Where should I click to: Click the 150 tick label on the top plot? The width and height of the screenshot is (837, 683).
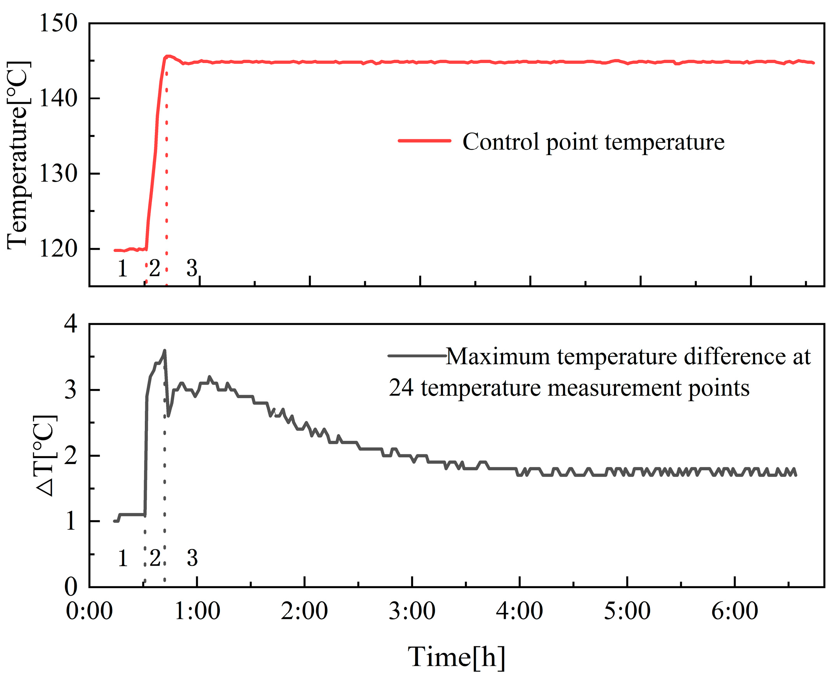58,23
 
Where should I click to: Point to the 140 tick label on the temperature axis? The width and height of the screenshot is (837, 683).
58,98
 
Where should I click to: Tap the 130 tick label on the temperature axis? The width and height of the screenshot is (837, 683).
58,173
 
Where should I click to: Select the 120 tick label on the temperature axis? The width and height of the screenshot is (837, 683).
58,249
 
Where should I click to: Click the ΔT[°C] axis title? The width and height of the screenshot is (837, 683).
46,455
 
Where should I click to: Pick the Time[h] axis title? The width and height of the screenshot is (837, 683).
456,657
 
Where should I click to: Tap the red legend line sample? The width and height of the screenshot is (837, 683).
424,140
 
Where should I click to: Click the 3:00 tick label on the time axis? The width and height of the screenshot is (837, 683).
412,611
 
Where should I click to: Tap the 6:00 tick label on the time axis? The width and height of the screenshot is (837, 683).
735,611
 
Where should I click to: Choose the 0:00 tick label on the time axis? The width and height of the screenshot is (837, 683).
89,611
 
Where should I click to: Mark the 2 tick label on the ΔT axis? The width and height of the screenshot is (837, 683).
71,456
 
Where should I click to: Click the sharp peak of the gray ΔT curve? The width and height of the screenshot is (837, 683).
165,350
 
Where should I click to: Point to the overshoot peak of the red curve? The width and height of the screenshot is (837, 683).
168,56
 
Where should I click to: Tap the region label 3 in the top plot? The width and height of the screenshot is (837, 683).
192,268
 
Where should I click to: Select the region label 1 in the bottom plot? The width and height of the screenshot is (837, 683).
123,558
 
